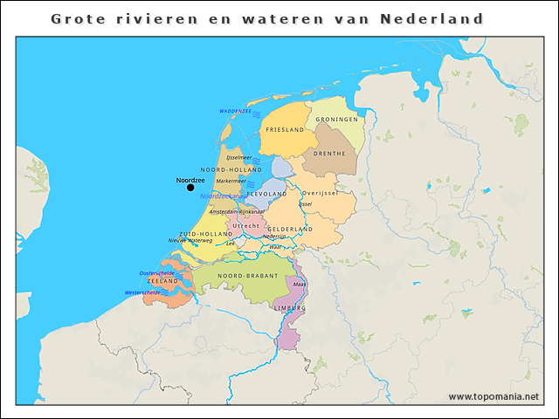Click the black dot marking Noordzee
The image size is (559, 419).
point(190,188)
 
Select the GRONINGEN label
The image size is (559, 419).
point(336,119)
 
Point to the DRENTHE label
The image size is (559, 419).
point(329,153)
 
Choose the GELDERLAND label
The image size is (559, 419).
point(290,229)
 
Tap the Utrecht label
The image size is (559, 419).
point(246,225)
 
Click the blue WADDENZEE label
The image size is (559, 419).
point(235,112)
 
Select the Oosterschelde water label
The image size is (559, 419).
point(157,273)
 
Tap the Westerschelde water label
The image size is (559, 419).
point(143,293)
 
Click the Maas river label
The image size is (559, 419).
point(299,285)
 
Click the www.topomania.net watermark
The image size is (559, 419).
point(493,396)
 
